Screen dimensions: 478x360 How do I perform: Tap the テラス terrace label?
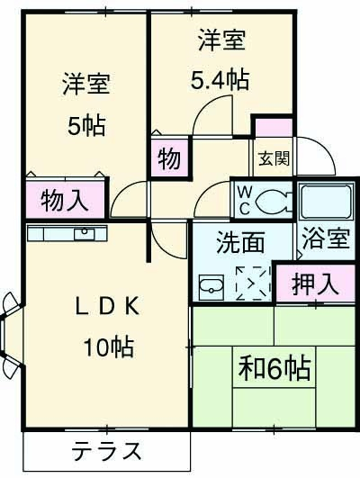[x=106, y=450]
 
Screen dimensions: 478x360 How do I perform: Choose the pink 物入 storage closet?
[x=65, y=200]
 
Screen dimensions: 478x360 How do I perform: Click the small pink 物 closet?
[x=169, y=159]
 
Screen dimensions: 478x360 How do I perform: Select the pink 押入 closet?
[x=315, y=284]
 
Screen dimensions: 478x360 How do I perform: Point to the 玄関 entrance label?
[x=274, y=159]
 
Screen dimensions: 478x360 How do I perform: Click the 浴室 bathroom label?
[x=326, y=240]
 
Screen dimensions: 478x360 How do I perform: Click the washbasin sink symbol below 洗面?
[x=211, y=287]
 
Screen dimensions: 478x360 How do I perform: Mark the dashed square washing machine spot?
[x=252, y=283]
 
